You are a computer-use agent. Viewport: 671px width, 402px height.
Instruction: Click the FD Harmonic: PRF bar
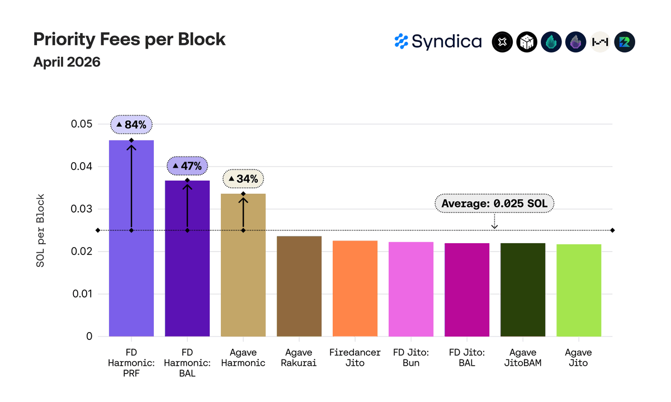point(131,238)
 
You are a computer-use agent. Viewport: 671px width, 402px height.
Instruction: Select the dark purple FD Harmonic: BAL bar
point(187,258)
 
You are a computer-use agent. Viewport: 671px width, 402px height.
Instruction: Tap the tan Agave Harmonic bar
point(243,265)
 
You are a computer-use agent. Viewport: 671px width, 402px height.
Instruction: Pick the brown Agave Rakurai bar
point(299,286)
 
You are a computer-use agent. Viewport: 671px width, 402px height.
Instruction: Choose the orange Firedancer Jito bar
point(355,289)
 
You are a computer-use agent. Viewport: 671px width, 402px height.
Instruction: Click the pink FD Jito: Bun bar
point(411,289)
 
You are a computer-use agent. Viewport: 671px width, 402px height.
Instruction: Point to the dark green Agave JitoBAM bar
point(523,290)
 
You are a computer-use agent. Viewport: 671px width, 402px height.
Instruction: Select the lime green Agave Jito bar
point(579,290)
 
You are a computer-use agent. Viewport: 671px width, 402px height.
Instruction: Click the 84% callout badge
point(131,124)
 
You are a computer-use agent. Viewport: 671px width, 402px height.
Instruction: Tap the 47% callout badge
point(187,165)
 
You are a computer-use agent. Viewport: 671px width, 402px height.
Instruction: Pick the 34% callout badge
point(243,179)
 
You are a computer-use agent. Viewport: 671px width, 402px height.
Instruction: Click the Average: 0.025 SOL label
point(494,204)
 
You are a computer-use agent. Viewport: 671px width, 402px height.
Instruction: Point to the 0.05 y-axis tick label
point(82,124)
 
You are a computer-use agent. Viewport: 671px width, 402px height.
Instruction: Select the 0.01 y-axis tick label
point(82,294)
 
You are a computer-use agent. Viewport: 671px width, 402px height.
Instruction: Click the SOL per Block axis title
point(40,230)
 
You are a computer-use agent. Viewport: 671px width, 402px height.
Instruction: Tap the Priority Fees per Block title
point(129,40)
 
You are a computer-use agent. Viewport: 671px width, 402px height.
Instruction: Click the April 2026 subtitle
point(67,62)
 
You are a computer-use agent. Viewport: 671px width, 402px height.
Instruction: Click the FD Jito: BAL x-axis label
point(467,358)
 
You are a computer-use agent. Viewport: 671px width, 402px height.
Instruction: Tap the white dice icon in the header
point(527,42)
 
